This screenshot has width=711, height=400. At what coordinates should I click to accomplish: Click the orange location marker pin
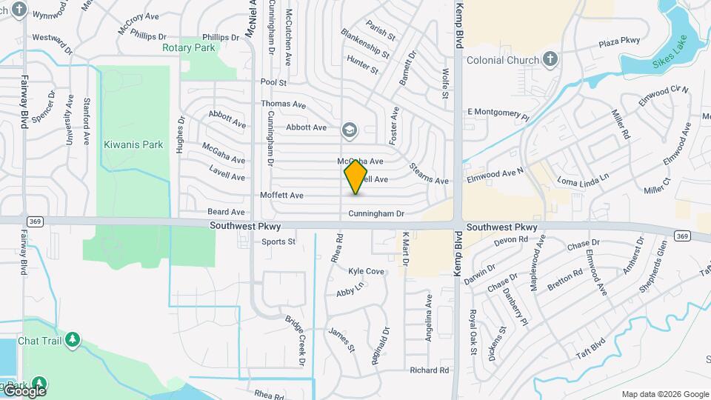pyautogui.click(x=355, y=176)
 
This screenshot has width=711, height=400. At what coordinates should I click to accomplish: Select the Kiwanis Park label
pyautogui.click(x=133, y=144)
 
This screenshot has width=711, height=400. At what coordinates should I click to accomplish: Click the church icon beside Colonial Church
pyautogui.click(x=549, y=59)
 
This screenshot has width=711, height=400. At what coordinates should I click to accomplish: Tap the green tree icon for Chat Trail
pyautogui.click(x=72, y=340)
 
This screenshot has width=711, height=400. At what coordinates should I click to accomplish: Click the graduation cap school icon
pyautogui.click(x=348, y=131)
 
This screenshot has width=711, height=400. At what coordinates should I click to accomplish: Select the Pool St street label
pyautogui.click(x=273, y=82)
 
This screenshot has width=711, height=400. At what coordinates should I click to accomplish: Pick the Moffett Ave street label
pyautogui.click(x=281, y=196)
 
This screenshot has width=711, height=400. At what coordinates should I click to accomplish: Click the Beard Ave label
pyautogui.click(x=227, y=212)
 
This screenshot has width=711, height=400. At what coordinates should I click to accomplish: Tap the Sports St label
pyautogui.click(x=278, y=241)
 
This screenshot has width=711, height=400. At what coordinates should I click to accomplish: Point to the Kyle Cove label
pyautogui.click(x=366, y=272)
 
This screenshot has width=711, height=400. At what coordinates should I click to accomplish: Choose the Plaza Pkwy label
pyautogui.click(x=619, y=41)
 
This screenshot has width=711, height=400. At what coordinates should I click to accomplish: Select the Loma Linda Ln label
pyautogui.click(x=583, y=179)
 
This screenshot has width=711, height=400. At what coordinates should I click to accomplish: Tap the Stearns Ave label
pyautogui.click(x=429, y=175)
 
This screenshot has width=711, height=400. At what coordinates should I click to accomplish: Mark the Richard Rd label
pyautogui.click(x=430, y=370)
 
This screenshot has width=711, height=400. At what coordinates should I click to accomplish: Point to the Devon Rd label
pyautogui.click(x=510, y=240)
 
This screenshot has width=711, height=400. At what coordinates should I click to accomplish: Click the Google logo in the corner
pyautogui.click(x=25, y=391)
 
